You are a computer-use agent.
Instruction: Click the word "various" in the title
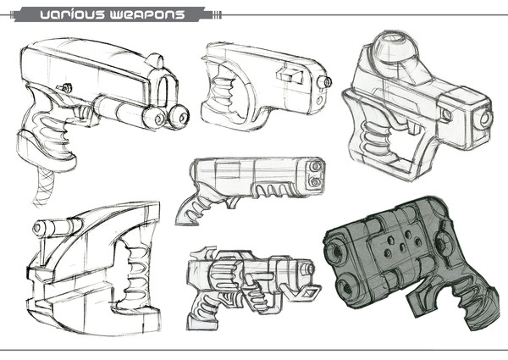tap(72, 14)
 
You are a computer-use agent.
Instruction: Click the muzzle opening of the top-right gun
tap(484, 119)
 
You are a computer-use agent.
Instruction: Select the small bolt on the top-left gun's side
tap(65, 87)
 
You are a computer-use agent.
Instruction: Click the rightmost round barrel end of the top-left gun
tap(179, 117)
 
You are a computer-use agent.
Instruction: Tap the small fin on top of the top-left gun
tap(156, 61)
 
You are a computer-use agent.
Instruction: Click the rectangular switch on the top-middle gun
tap(290, 75)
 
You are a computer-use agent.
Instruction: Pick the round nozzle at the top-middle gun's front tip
tap(324, 81)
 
